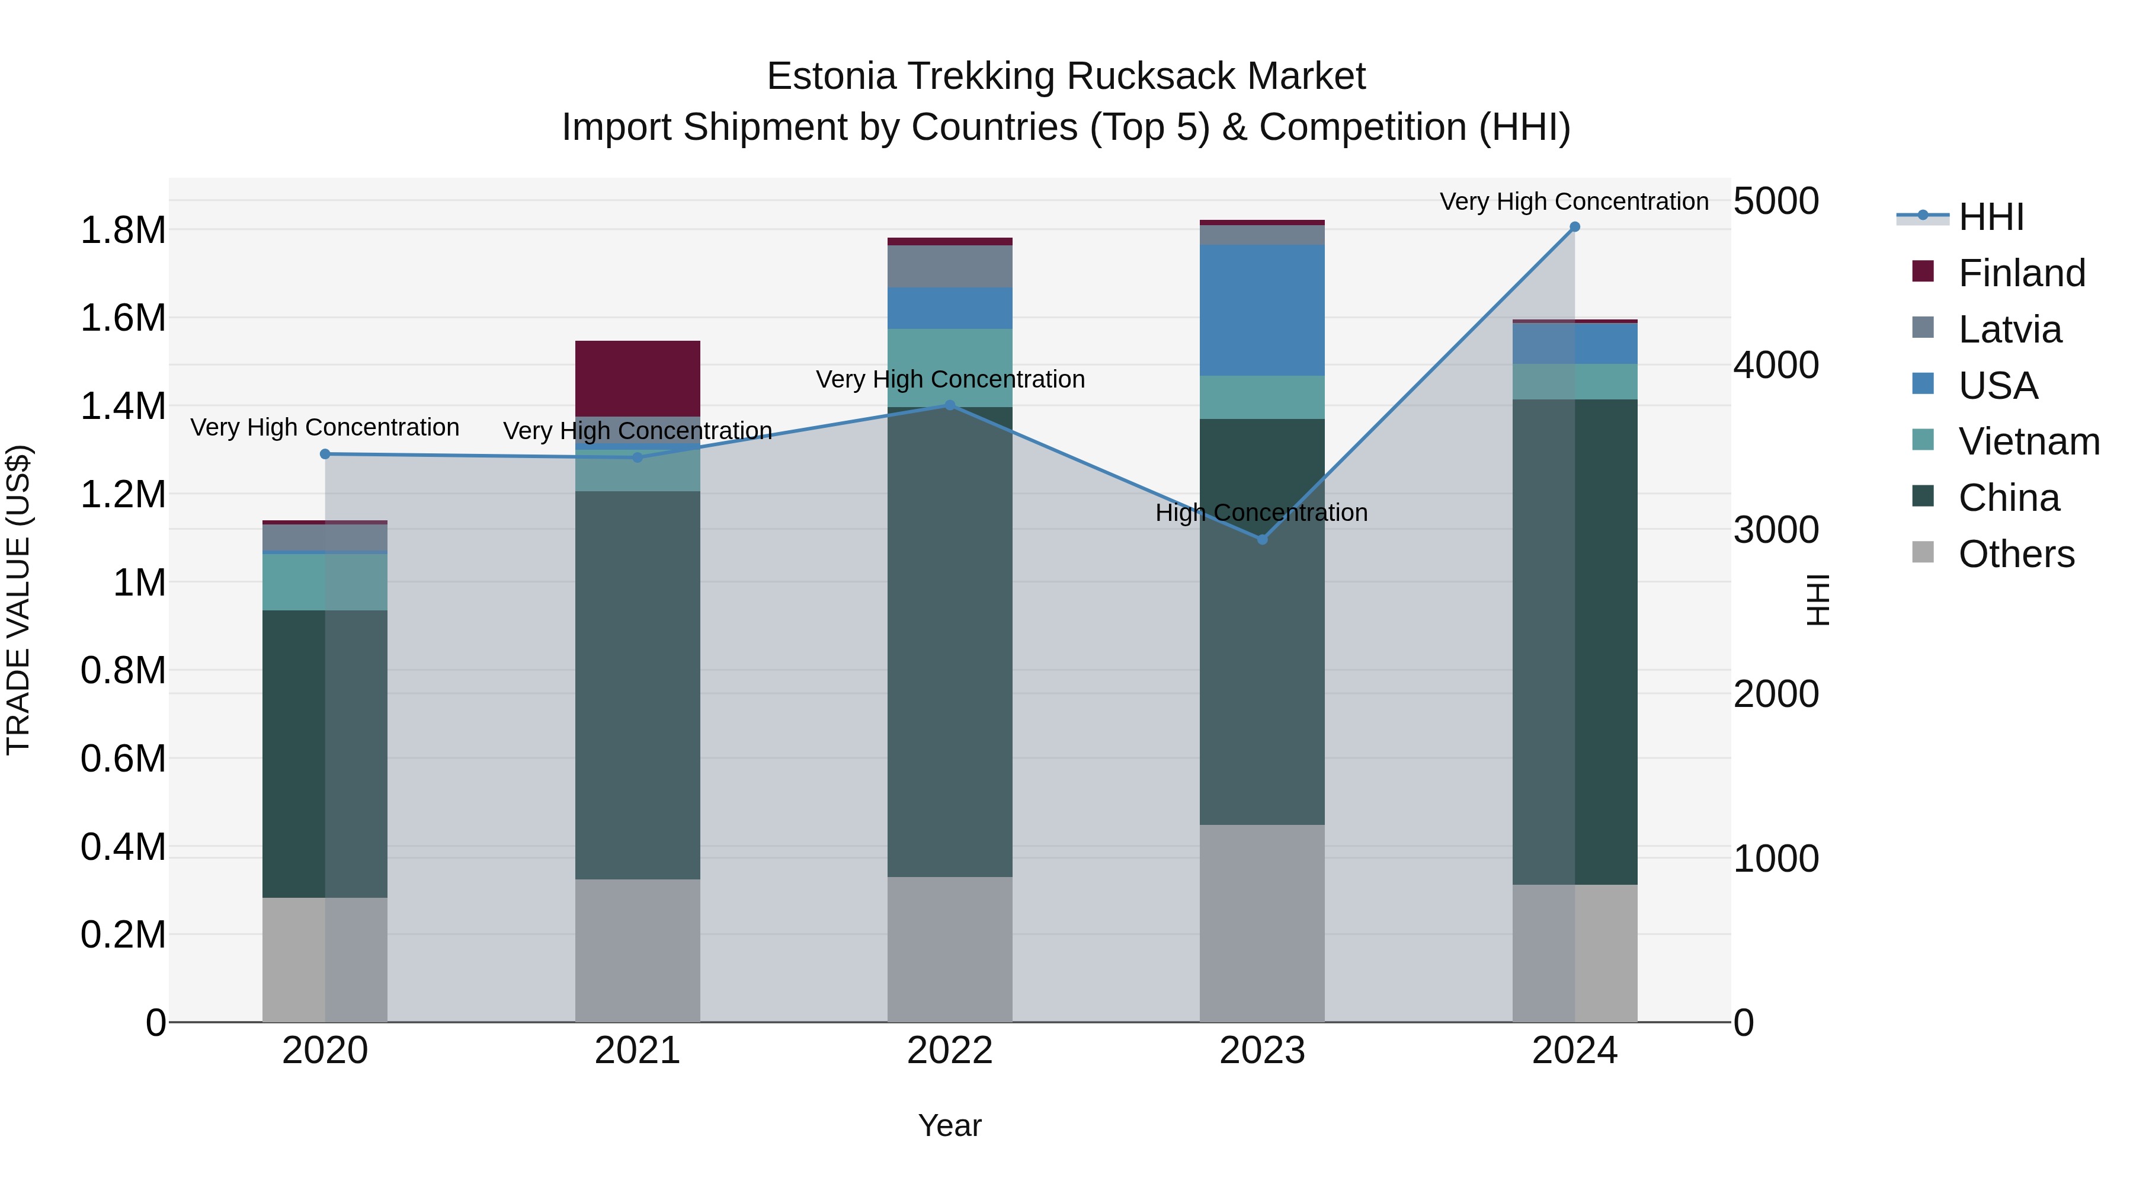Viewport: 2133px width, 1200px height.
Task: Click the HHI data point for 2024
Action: [1574, 227]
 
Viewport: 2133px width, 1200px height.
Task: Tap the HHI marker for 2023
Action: [1262, 539]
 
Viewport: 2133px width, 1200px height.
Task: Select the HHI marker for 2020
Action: [325, 454]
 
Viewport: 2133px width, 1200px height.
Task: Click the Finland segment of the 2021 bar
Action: [638, 377]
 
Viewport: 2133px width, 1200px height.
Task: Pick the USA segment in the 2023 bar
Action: [1262, 310]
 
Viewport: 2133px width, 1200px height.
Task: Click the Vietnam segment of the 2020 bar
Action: [325, 581]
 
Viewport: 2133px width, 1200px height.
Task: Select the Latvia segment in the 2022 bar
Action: [950, 266]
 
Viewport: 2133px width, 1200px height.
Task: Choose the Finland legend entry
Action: [2020, 273]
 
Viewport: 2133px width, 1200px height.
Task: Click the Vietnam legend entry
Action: [2028, 441]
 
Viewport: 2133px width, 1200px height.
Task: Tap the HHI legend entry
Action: [1991, 217]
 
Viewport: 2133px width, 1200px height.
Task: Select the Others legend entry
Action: [2016, 554]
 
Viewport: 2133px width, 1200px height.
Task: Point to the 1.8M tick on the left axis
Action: [123, 231]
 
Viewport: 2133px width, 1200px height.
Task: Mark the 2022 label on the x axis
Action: [950, 1050]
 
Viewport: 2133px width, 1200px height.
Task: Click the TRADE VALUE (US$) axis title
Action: [18, 600]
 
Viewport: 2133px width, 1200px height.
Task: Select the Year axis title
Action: [950, 1125]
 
